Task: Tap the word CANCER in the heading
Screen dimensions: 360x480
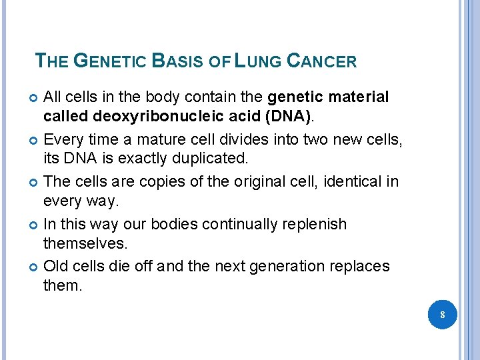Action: click(x=321, y=62)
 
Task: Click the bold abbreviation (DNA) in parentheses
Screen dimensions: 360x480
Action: click(x=285, y=117)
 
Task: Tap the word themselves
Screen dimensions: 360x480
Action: click(x=84, y=245)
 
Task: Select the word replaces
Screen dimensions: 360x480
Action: click(x=364, y=267)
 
